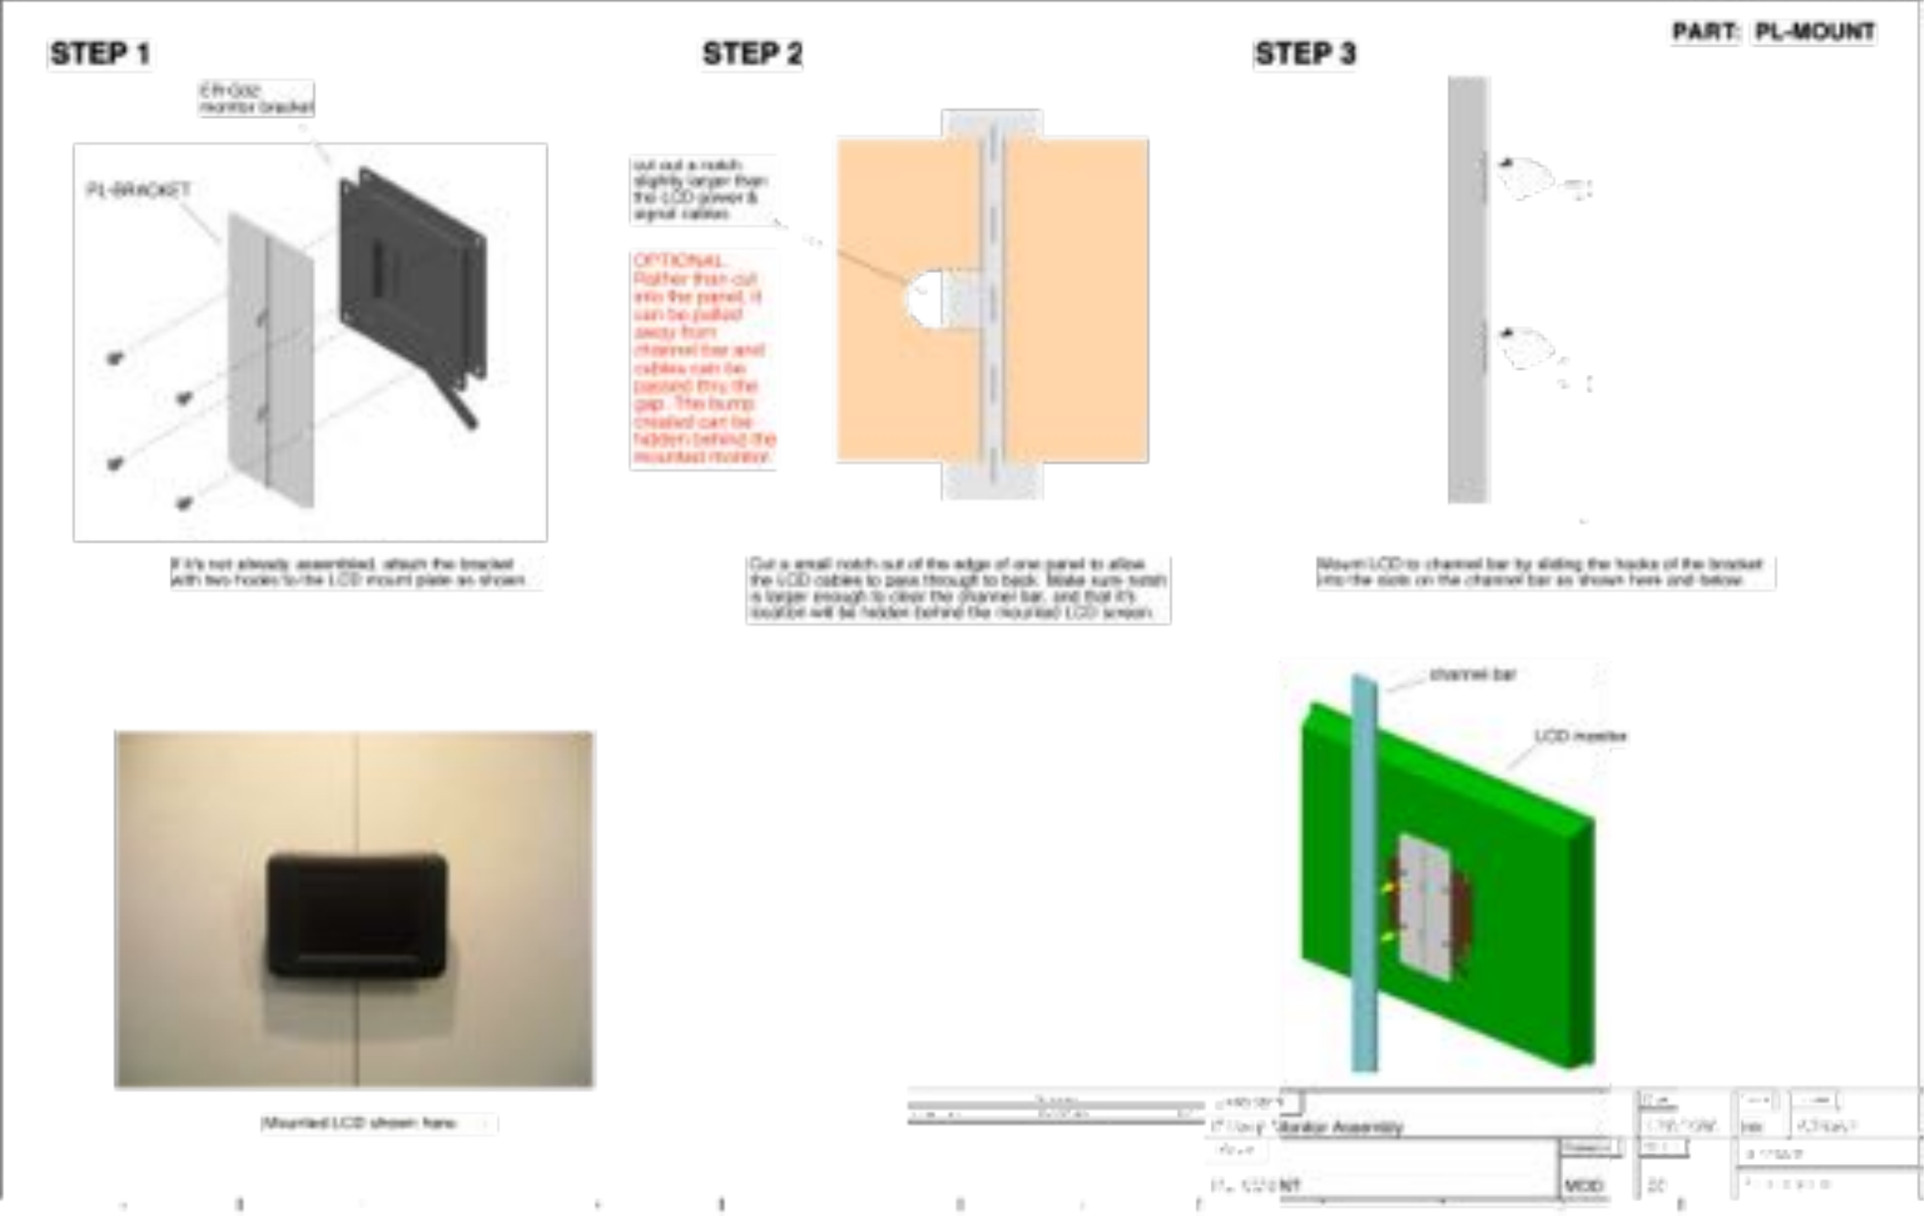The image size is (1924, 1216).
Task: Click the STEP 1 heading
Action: pyautogui.click(x=100, y=54)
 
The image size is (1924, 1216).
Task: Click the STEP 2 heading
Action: pyautogui.click(x=752, y=54)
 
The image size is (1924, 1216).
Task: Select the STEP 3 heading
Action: pyautogui.click(x=1304, y=54)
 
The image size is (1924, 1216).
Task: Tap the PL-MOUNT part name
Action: pyautogui.click(x=1815, y=32)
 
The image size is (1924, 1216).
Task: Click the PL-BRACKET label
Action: pyautogui.click(x=138, y=190)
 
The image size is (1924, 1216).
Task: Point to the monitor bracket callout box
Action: pyautogui.click(x=256, y=98)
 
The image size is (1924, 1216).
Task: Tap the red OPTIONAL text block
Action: pyautogui.click(x=703, y=358)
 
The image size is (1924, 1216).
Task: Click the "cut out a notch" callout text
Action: pyautogui.click(x=700, y=190)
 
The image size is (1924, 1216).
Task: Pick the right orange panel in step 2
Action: pyautogui.click(x=1076, y=299)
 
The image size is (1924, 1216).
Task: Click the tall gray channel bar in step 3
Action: pyautogui.click(x=1469, y=288)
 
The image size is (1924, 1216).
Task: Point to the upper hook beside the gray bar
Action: pyautogui.click(x=1525, y=178)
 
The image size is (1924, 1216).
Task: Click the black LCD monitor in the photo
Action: pyautogui.click(x=356, y=915)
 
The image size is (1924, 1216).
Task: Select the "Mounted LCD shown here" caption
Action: pyautogui.click(x=359, y=1123)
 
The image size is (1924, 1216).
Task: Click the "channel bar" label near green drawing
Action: pyautogui.click(x=1472, y=674)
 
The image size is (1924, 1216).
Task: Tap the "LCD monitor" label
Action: pyautogui.click(x=1580, y=736)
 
